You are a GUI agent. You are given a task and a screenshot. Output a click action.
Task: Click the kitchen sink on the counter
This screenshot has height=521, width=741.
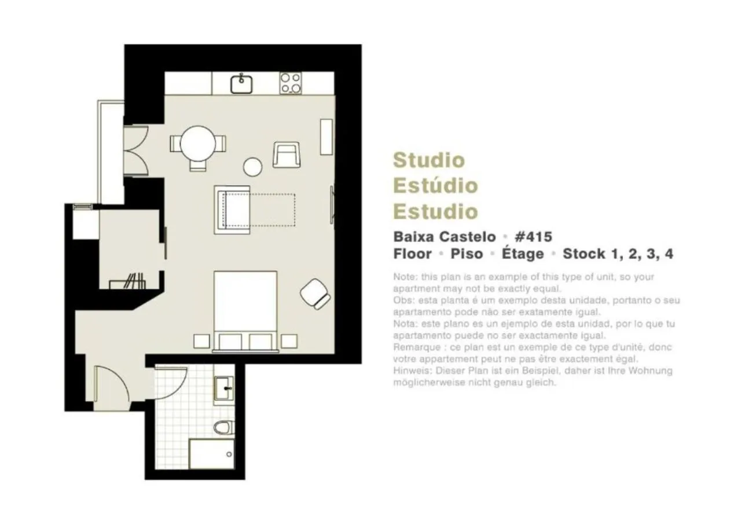tap(241, 84)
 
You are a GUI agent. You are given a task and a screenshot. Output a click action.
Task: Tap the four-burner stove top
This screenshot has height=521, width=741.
tap(291, 83)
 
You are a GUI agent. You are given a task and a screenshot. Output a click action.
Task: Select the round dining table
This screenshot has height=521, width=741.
tap(197, 143)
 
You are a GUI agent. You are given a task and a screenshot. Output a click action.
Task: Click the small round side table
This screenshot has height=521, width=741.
tap(253, 167)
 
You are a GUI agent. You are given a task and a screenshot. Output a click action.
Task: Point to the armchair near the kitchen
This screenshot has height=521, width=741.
tap(287, 155)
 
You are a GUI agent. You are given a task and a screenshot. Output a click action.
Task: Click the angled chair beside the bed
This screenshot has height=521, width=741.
tap(315, 293)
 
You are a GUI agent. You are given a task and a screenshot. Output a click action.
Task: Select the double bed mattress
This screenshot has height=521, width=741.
tap(245, 301)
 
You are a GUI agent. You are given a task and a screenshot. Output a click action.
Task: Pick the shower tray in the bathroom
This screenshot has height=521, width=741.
tap(212, 453)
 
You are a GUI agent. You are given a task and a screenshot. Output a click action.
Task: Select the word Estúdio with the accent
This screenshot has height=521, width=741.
tap(435, 185)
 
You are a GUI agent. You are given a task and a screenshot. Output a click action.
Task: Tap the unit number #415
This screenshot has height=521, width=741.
tap(533, 237)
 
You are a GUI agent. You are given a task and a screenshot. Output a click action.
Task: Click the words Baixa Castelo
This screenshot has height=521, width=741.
tap(444, 237)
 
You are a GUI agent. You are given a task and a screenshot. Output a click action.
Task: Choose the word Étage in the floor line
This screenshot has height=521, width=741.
tap(523, 254)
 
